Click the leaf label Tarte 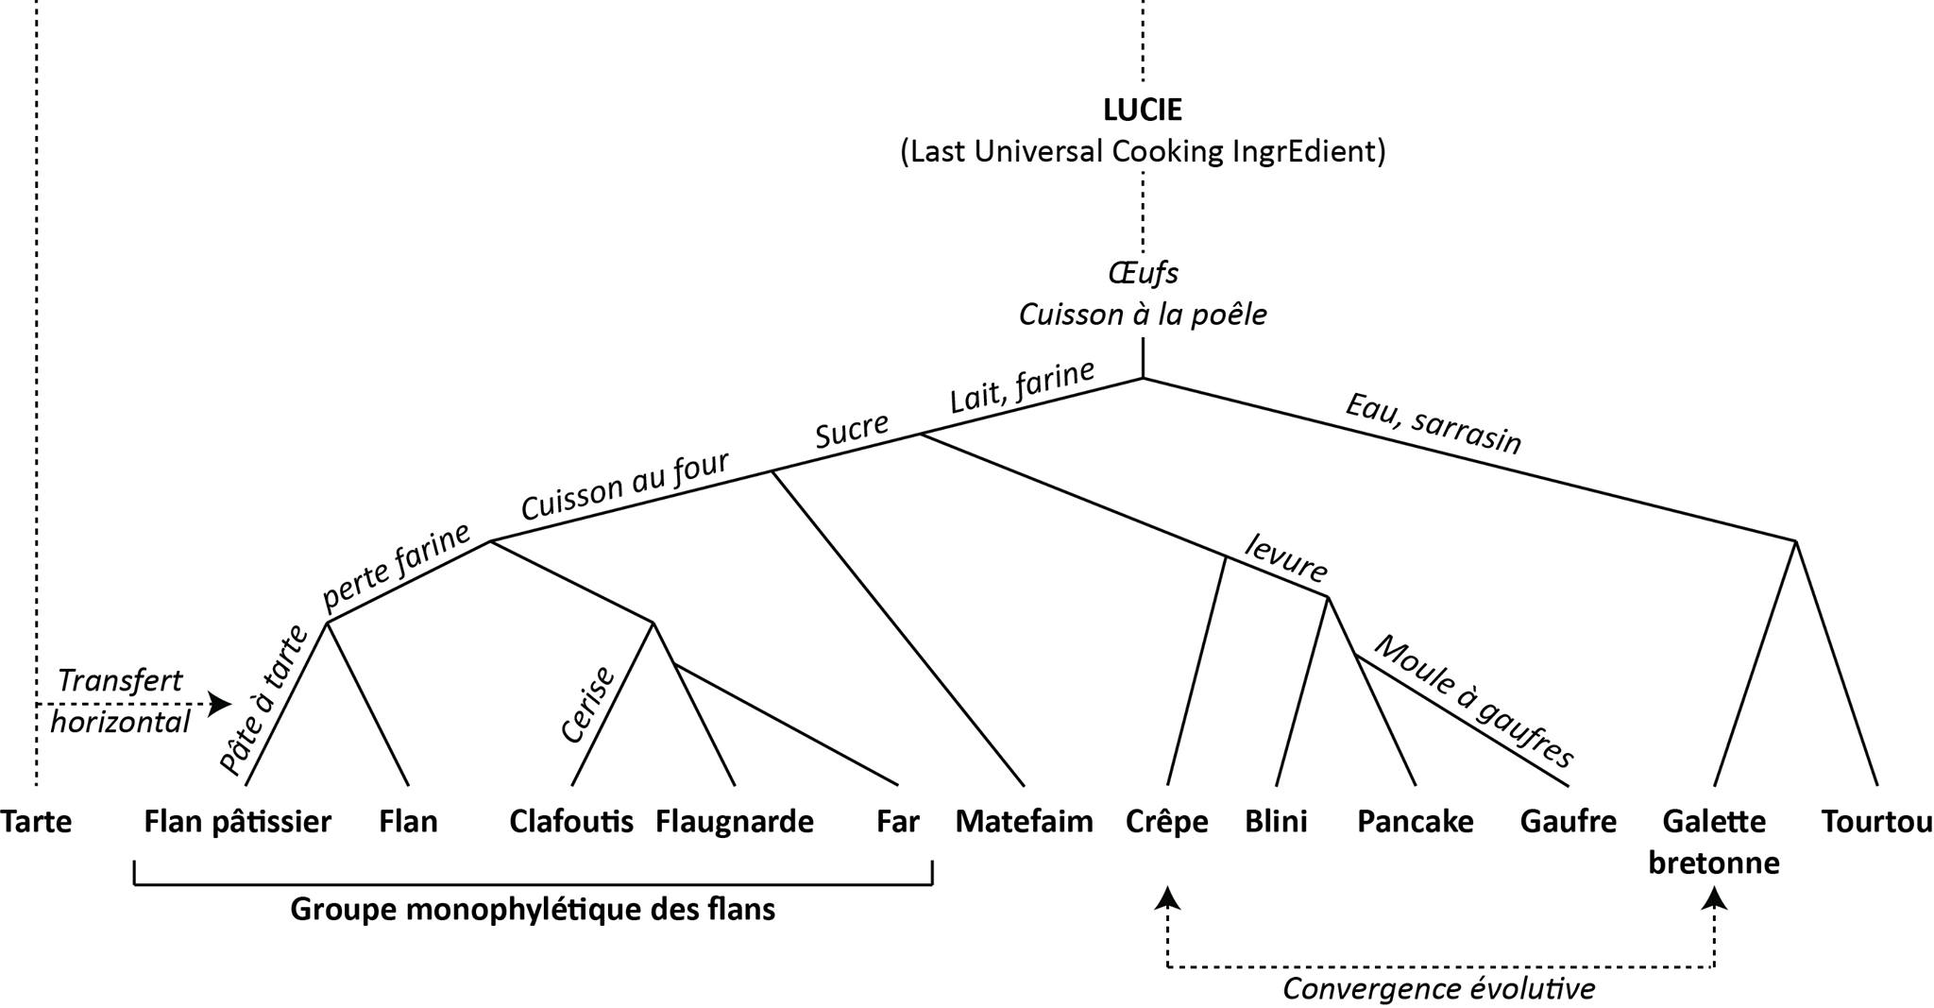tap(36, 822)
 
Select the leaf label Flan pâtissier tap(238, 822)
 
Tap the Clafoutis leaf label tap(571, 822)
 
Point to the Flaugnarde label tap(735, 822)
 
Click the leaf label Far tap(897, 822)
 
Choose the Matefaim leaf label tap(1025, 822)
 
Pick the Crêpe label tap(1167, 822)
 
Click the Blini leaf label tap(1276, 822)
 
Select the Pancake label tap(1415, 822)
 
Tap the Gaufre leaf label tap(1568, 822)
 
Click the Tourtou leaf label tap(1876, 822)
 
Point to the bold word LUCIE tap(1143, 110)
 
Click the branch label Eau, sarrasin tap(1433, 423)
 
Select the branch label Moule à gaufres tap(1473, 700)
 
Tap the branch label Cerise tap(587, 705)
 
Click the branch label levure tap(1286, 557)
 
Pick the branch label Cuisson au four tap(625, 486)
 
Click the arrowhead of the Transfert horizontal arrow tap(222, 704)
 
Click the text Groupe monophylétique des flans tap(533, 909)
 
